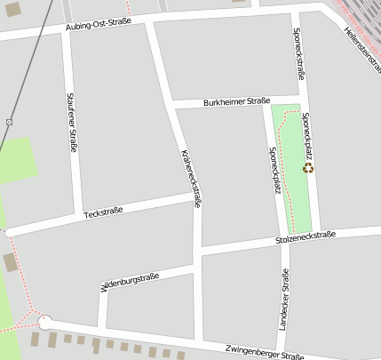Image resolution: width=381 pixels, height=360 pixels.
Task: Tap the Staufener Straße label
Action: point(71,124)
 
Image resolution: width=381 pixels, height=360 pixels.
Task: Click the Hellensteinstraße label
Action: point(361,49)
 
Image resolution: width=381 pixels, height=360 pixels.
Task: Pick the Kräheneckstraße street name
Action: point(192,178)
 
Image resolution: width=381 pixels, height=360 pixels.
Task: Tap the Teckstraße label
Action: point(103,212)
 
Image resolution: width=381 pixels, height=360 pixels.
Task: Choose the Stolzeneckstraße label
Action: point(305,237)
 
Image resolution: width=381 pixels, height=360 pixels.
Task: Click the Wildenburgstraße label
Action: point(130,283)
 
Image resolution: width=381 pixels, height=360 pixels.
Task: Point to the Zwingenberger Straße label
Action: point(265,353)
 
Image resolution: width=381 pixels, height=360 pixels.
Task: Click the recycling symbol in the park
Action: point(308,167)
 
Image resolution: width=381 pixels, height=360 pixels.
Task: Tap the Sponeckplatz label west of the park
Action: point(274,169)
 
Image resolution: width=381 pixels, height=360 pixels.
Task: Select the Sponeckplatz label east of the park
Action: point(307,133)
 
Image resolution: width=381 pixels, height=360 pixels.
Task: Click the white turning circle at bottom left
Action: point(45,323)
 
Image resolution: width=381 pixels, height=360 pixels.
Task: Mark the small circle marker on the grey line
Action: point(9,121)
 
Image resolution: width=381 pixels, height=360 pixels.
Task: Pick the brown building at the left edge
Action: point(10,263)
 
